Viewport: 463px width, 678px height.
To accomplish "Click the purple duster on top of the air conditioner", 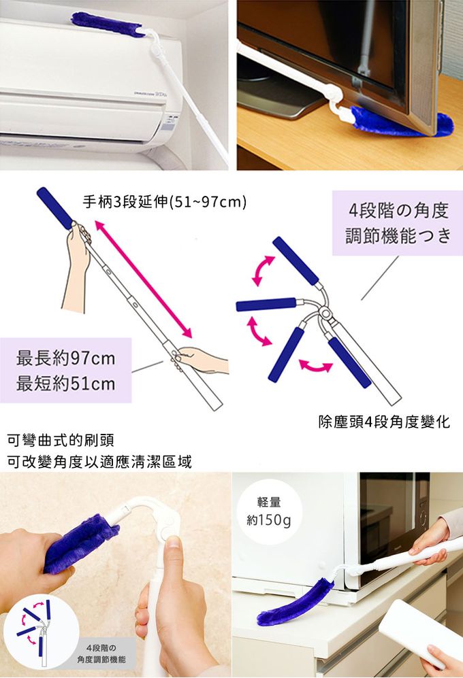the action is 108,24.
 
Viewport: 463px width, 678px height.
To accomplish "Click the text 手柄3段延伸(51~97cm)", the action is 165,201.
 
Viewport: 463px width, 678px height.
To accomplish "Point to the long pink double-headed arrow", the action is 144,279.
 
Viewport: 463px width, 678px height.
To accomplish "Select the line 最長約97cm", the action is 66,358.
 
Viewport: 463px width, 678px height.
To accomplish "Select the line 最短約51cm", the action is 66,384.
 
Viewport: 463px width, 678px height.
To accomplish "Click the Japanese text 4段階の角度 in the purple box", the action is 398,211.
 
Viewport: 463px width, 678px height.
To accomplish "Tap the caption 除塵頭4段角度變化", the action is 384,422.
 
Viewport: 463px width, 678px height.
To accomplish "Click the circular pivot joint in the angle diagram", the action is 324,312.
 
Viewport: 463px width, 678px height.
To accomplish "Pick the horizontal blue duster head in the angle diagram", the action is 266,305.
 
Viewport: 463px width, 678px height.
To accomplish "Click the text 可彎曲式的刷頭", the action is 61,440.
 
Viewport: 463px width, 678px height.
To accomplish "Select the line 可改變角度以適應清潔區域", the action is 99,462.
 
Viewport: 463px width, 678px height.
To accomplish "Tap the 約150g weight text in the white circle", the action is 269,520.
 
